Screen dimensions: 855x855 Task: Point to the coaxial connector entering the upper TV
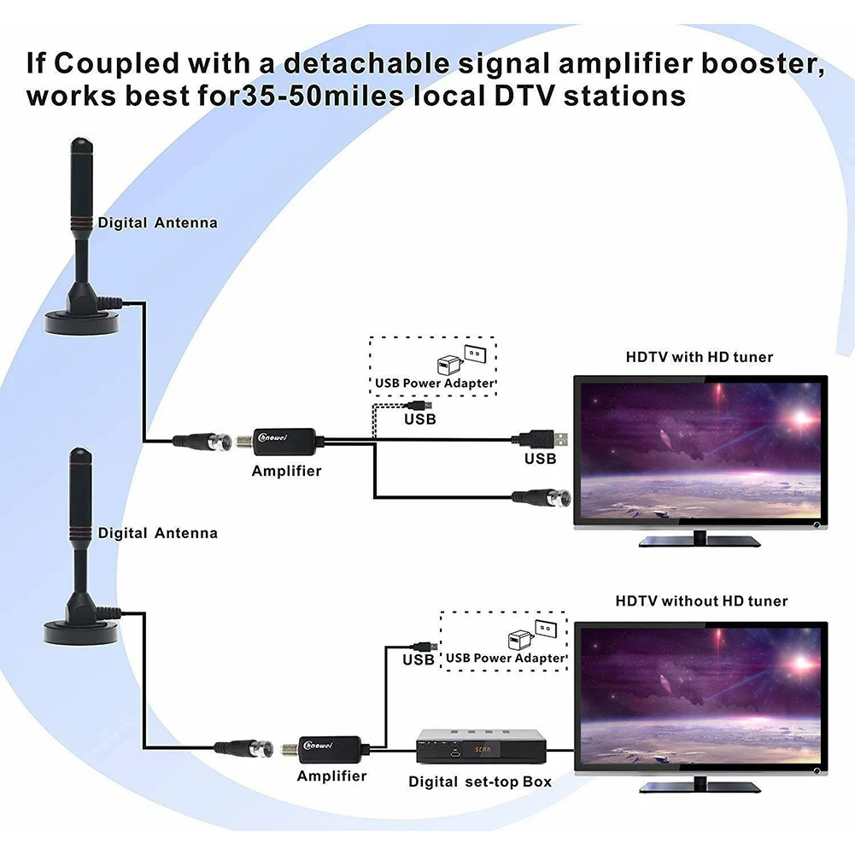coord(539,495)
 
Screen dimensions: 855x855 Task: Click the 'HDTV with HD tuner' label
coord(700,357)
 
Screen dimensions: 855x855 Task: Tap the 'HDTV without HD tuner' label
coord(701,601)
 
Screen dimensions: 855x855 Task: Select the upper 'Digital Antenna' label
coord(157,223)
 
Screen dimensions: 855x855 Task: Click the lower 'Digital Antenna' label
coord(157,533)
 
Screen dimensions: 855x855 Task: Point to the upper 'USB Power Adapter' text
coord(435,384)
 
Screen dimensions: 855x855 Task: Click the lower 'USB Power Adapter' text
coord(506,658)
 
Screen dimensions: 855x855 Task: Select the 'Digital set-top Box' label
coord(479,782)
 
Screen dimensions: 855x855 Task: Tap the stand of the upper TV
coord(700,539)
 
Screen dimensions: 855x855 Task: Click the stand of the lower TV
coord(700,783)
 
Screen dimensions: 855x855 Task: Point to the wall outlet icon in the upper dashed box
coord(474,353)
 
